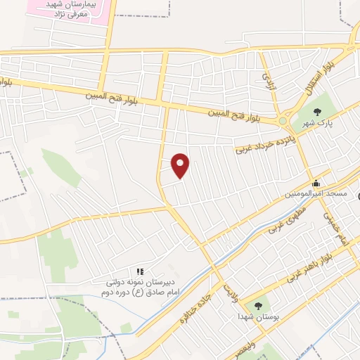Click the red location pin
[x=181, y=165]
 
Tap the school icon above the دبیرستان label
[x=140, y=270]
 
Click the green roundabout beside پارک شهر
[x=283, y=121]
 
